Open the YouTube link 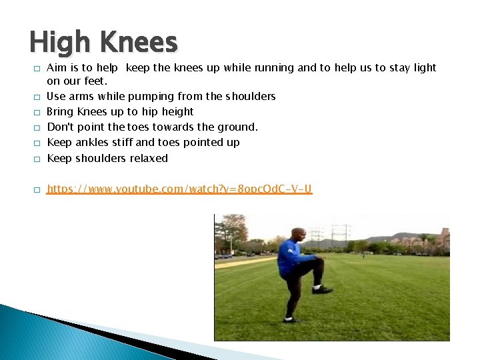coord(179,189)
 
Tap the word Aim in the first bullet coord(56,67)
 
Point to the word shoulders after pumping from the coord(250,96)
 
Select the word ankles coord(92,142)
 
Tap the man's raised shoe coord(323,289)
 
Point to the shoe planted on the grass coord(289,319)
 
